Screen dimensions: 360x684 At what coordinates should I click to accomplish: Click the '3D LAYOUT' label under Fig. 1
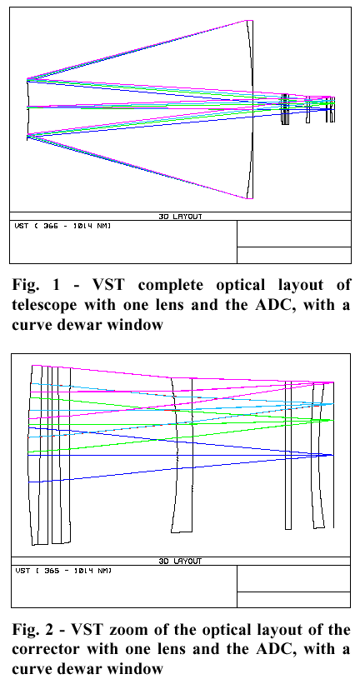(180, 217)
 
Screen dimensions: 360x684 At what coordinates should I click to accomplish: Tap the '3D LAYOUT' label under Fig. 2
(180, 562)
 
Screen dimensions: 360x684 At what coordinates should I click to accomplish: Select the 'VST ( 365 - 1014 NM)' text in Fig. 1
(62, 226)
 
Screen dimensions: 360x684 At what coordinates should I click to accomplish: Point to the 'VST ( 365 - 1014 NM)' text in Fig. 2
(63, 571)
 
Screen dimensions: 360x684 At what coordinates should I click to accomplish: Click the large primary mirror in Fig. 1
(250, 109)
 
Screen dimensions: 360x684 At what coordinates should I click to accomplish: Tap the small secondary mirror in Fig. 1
(28, 109)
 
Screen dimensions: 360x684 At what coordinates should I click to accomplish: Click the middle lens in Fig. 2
(181, 455)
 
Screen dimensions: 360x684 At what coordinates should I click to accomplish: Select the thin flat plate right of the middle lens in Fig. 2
(288, 455)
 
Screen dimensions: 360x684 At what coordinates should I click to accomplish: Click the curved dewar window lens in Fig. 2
(318, 455)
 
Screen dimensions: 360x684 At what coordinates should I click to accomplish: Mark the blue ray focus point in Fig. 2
(333, 455)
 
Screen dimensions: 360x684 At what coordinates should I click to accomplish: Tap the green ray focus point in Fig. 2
(333, 420)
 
